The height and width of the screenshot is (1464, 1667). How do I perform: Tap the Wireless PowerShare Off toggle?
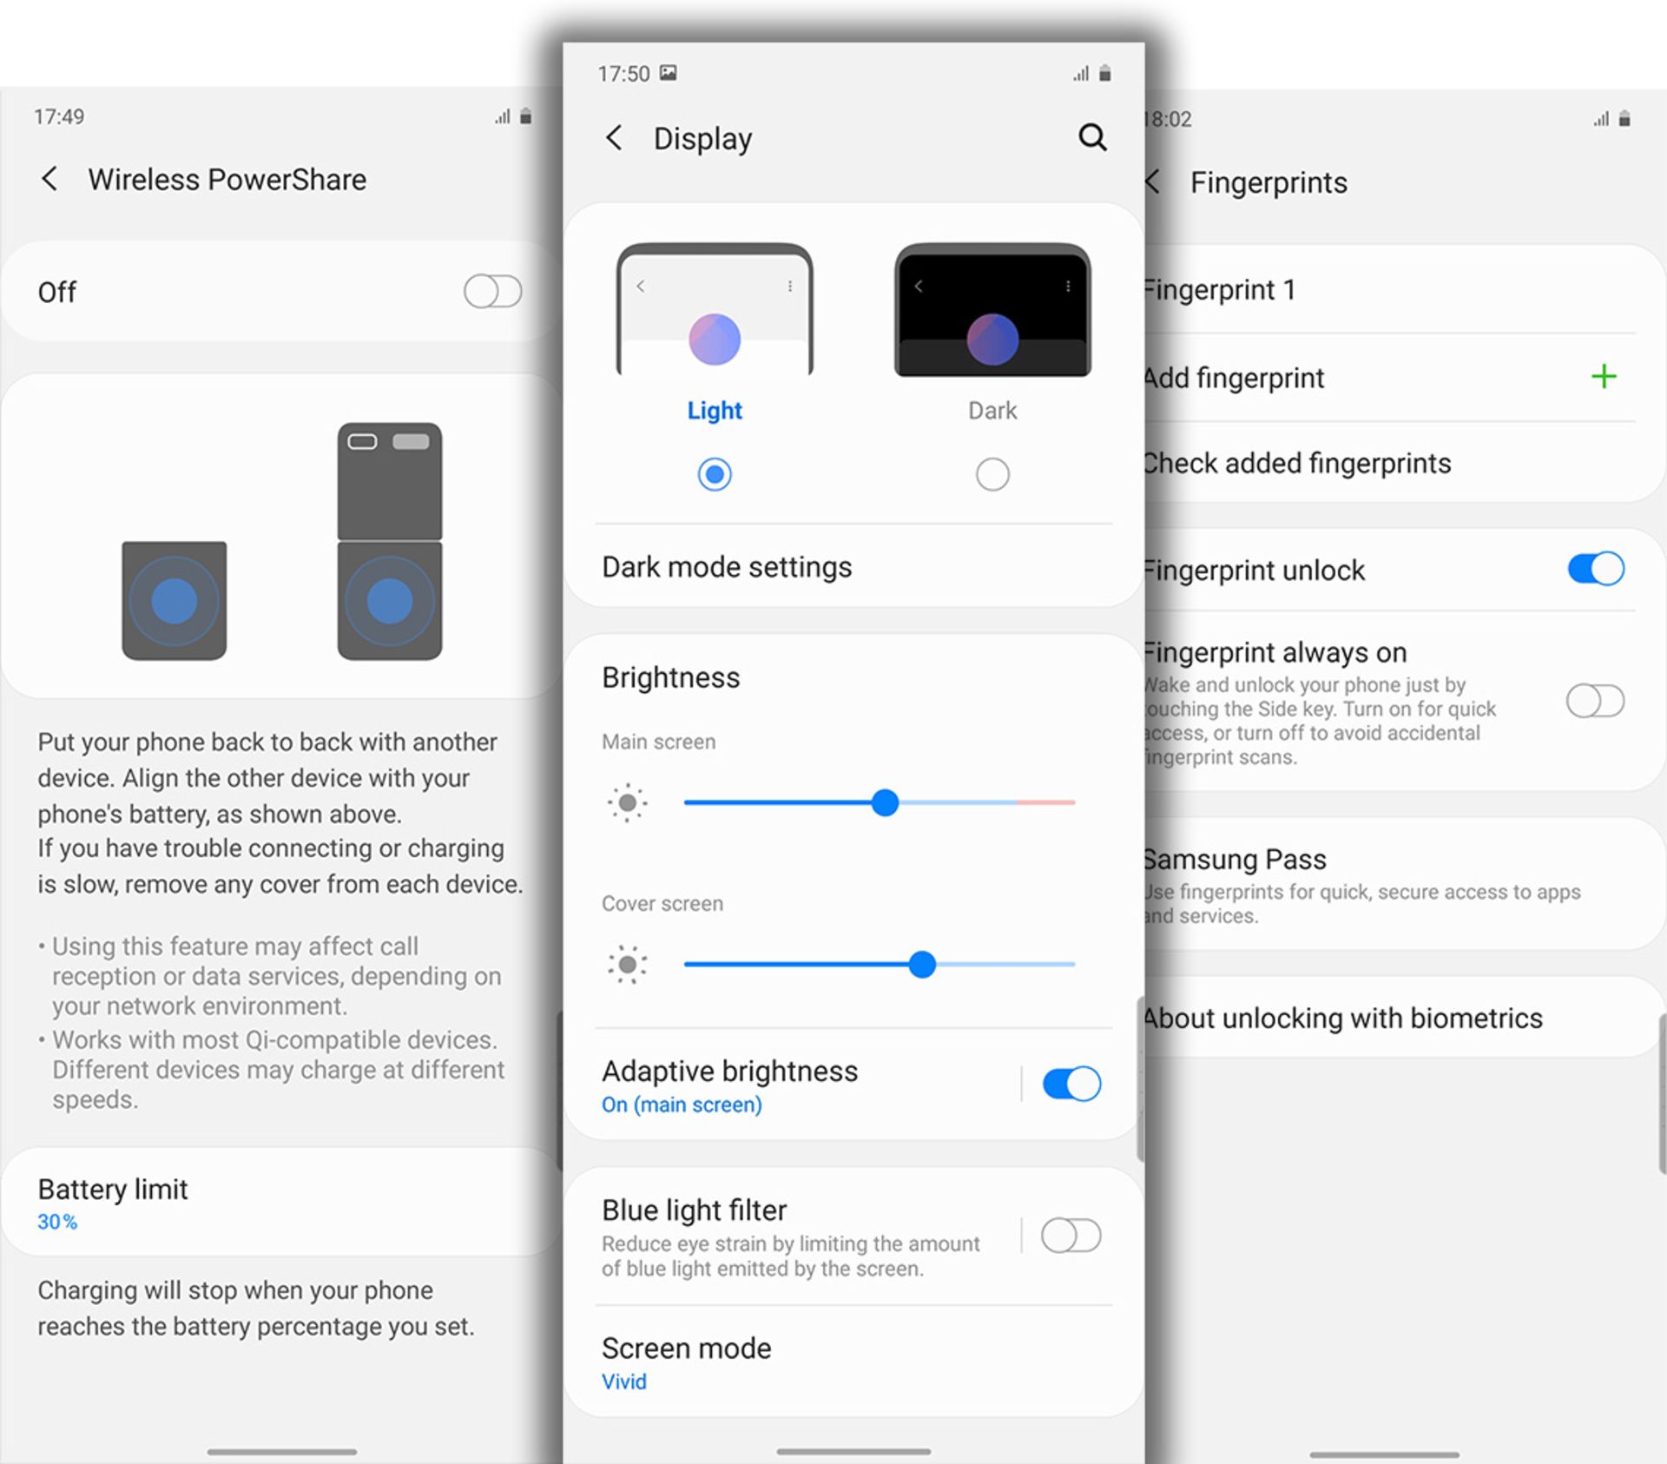[493, 292]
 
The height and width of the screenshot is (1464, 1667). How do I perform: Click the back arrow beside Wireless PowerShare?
[49, 180]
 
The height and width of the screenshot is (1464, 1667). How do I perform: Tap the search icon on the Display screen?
[1092, 137]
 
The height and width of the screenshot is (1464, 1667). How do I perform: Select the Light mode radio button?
[715, 474]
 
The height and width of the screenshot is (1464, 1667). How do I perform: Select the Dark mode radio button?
[992, 474]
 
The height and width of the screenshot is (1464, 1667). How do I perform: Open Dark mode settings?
[727, 567]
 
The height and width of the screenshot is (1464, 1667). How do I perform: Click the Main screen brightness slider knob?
[885, 802]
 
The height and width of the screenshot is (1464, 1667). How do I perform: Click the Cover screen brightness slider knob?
[922, 964]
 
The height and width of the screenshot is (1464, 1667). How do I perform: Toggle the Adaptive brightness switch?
[1071, 1084]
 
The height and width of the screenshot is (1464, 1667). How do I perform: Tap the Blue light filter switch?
[1071, 1235]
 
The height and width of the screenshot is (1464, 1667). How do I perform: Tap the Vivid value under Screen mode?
[624, 1382]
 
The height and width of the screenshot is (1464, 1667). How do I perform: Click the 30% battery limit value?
[57, 1222]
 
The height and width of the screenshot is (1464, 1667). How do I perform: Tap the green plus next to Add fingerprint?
[1604, 376]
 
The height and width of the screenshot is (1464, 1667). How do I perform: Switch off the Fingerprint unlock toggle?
[1596, 569]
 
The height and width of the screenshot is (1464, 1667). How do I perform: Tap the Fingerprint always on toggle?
[1596, 701]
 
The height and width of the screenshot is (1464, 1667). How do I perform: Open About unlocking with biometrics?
[1342, 1018]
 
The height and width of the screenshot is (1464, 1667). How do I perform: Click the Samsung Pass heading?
[1235, 859]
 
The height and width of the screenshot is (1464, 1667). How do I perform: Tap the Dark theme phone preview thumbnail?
[992, 310]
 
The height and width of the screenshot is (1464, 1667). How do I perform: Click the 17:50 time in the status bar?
[623, 74]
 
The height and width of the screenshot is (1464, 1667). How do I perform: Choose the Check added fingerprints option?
[1296, 463]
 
